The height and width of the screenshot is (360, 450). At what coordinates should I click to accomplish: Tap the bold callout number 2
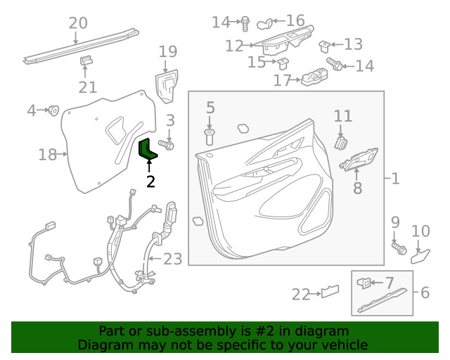pyautogui.click(x=150, y=181)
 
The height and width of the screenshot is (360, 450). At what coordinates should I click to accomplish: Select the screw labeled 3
pyautogui.click(x=166, y=144)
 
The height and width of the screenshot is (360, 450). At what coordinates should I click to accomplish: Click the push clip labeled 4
pyautogui.click(x=53, y=110)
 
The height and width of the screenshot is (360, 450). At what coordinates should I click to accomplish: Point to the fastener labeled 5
pyautogui.click(x=210, y=137)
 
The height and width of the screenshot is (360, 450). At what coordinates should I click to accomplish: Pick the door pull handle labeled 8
pyautogui.click(x=359, y=160)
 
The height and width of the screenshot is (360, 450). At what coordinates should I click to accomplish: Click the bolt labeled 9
pyautogui.click(x=399, y=248)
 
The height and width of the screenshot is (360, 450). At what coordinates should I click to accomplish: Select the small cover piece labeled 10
pyautogui.click(x=420, y=257)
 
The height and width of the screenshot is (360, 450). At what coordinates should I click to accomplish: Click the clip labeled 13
pyautogui.click(x=325, y=47)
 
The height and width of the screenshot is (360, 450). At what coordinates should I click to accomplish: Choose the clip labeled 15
pyautogui.click(x=283, y=63)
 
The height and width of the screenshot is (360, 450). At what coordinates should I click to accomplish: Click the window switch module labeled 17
pyautogui.click(x=314, y=77)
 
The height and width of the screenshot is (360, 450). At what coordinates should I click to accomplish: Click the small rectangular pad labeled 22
pyautogui.click(x=330, y=291)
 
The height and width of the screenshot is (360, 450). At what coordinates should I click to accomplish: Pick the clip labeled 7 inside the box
pyautogui.click(x=364, y=283)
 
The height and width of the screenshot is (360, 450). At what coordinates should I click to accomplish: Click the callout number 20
pyautogui.click(x=78, y=23)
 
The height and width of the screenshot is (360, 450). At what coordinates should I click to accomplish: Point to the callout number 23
pyautogui.click(x=173, y=259)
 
